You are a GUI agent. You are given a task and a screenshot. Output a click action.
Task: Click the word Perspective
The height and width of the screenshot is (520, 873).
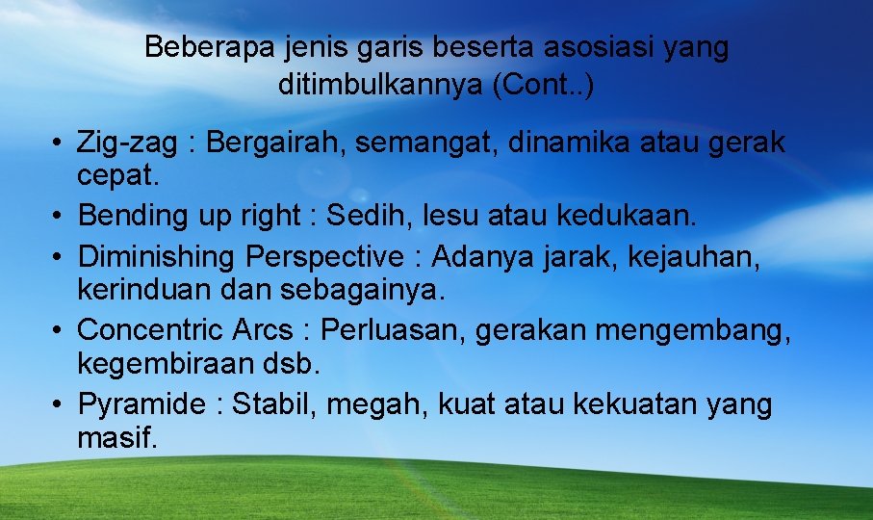coord(325,258)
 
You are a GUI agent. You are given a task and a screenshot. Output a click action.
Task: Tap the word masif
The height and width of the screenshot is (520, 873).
coord(117,438)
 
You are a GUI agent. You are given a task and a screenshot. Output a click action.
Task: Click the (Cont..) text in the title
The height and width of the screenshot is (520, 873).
coord(542,85)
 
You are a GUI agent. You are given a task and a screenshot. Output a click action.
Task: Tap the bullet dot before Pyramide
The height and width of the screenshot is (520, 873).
coord(60,404)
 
